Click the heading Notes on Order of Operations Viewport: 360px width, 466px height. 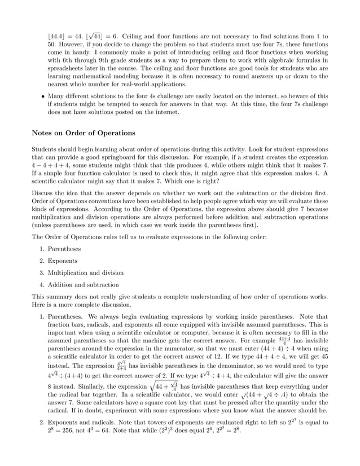pyautogui.click(x=83, y=133)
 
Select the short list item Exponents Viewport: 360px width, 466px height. pyautogui.click(x=63, y=261)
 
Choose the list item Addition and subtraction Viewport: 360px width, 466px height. pyautogui.click(x=83, y=285)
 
